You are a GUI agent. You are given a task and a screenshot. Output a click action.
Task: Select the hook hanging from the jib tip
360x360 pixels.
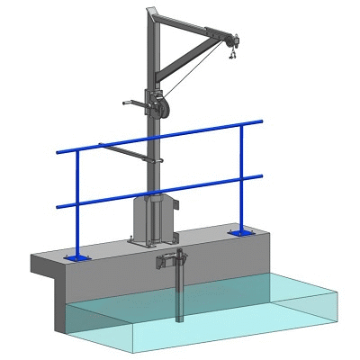point(232,55)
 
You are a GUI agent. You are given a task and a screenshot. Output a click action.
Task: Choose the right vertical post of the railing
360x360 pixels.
point(243,180)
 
